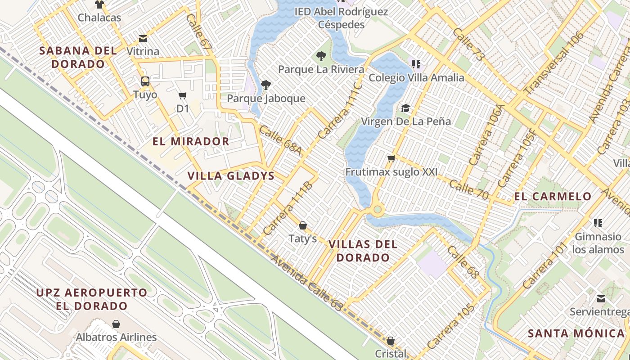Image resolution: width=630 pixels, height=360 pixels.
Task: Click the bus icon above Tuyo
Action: click(145, 81)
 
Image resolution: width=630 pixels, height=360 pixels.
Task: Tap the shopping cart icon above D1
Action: click(182, 95)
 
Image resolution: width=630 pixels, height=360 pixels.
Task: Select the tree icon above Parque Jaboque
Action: click(266, 85)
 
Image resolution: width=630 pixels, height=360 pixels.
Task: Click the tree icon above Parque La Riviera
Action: click(321, 56)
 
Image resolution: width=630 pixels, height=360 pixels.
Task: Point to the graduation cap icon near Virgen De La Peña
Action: click(406, 108)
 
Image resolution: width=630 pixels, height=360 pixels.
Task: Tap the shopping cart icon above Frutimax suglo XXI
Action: click(391, 158)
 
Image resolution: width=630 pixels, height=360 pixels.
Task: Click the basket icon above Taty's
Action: click(303, 225)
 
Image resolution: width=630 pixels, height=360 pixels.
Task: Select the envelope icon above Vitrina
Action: click(143, 39)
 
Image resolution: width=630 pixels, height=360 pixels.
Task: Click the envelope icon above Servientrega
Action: click(601, 299)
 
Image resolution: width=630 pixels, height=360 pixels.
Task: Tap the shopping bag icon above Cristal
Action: click(391, 341)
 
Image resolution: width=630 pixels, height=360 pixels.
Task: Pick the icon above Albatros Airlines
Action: click(116, 324)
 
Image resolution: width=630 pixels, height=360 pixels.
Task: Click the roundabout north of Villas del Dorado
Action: click(377, 209)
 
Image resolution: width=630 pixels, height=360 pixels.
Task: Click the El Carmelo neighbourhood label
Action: click(553, 196)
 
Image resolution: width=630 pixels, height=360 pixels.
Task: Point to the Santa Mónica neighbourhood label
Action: click(576, 333)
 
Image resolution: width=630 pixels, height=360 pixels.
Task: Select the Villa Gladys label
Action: click(231, 176)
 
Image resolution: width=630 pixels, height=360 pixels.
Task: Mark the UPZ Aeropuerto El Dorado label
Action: click(92, 299)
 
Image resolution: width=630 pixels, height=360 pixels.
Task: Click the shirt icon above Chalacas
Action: click(99, 4)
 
